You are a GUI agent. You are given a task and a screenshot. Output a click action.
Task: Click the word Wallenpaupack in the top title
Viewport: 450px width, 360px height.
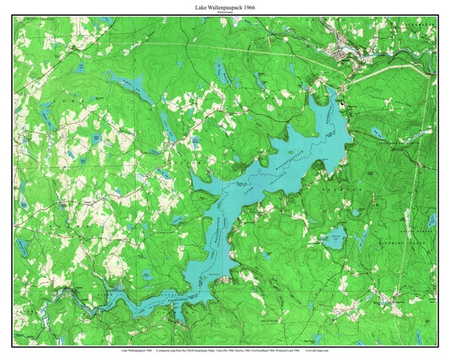coord(224,6)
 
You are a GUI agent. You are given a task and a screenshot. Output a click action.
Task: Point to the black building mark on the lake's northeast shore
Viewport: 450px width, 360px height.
coord(341,104)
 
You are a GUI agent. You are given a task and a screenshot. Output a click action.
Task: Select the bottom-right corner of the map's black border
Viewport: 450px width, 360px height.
coord(437,345)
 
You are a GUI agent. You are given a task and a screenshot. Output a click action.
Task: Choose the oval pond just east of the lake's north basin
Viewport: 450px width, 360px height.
coord(378,133)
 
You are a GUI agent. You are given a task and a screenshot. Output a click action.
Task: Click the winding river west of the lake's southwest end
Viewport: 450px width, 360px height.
coord(87,297)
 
